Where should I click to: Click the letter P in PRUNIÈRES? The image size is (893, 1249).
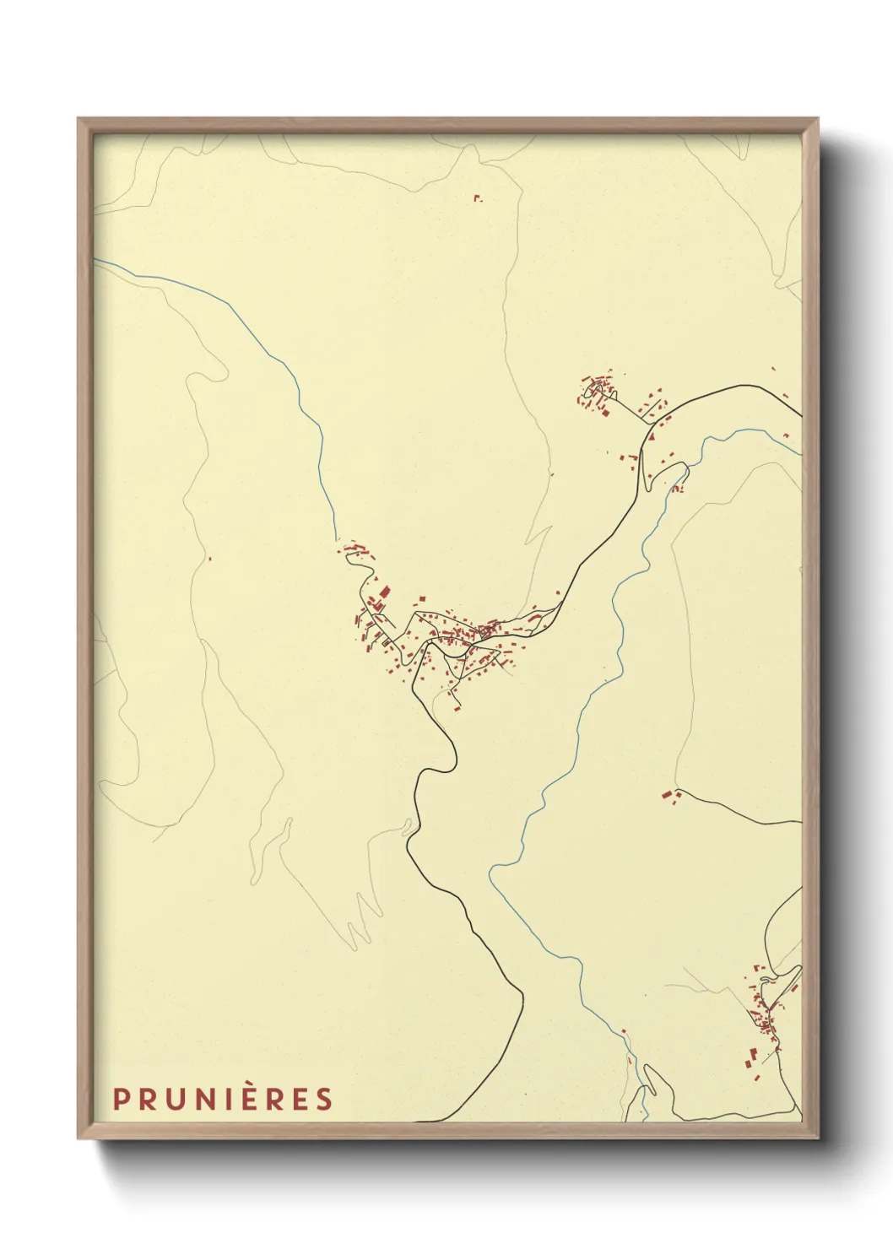[x=121, y=1100]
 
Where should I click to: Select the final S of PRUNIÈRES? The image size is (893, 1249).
[x=323, y=1100]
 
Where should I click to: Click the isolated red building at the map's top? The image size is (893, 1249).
[x=477, y=198]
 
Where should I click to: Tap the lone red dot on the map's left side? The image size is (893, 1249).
[x=208, y=559]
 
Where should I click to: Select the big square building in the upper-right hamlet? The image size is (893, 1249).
[x=604, y=412]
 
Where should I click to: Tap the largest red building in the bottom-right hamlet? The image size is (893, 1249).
[x=750, y=1054]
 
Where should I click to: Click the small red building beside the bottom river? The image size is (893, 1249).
[x=624, y=1031]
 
